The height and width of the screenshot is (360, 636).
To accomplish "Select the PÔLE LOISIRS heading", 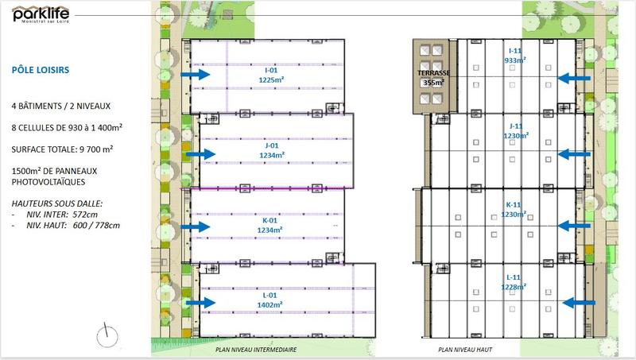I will point(40,70).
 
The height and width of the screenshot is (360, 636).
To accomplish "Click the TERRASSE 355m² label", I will point(435,77).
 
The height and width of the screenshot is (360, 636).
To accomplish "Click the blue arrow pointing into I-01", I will point(194,75).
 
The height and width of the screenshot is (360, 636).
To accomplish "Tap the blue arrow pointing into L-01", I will point(201,302).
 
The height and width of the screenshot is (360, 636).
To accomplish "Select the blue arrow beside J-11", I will point(575,153).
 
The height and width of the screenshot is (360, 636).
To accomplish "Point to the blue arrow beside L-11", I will point(580,302).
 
